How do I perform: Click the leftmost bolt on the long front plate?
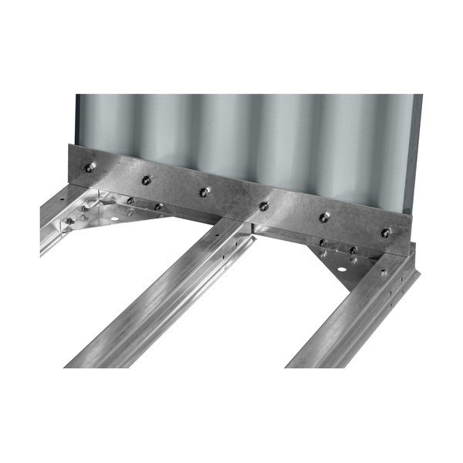[91, 166]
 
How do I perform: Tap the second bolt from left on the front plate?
[144, 181]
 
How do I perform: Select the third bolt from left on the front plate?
[203, 191]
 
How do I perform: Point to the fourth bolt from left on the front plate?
[264, 205]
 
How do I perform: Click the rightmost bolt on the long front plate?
[384, 232]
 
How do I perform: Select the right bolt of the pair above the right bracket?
[352, 252]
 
